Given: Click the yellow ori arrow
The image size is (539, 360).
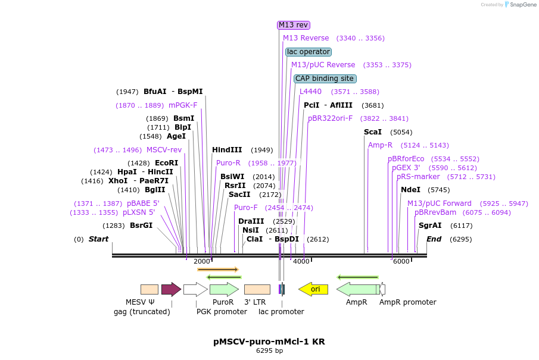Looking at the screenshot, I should click(x=313, y=289).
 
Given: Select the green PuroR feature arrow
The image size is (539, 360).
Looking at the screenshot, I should click(x=224, y=289).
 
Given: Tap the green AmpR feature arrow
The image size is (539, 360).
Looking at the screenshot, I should click(x=358, y=289).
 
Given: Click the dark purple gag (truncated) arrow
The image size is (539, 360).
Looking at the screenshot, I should click(x=171, y=289).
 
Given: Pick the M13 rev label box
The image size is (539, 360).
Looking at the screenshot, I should click(x=294, y=25).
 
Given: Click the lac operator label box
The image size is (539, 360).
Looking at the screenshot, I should click(x=309, y=52).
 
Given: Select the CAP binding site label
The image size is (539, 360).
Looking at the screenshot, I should click(x=325, y=79).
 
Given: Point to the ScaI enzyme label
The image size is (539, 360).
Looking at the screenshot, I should click(x=373, y=132).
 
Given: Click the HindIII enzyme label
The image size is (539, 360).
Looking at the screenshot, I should click(x=227, y=150).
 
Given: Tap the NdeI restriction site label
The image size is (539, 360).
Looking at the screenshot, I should click(x=410, y=190).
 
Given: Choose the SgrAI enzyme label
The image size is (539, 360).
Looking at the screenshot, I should click(x=430, y=226).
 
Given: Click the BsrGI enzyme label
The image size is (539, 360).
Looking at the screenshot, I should click(x=141, y=226).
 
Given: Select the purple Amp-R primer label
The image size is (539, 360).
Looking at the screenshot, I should click(x=380, y=145).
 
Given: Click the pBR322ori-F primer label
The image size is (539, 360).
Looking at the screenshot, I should click(x=330, y=118).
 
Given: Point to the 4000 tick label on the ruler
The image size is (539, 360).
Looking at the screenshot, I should click(x=301, y=261).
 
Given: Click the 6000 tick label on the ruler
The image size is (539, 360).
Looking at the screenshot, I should click(x=401, y=261).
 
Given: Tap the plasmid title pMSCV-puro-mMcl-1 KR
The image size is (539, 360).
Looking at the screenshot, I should click(x=269, y=342).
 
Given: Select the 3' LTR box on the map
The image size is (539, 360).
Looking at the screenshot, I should click(x=257, y=289).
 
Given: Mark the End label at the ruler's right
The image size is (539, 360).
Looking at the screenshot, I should click(x=434, y=239).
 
